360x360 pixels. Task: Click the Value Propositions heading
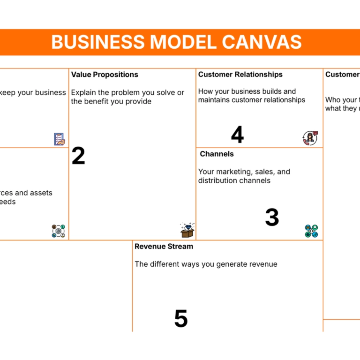point(105,75)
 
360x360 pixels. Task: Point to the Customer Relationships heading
point(240,75)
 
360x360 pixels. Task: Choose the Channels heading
point(217,154)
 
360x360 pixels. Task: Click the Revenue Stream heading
point(164,246)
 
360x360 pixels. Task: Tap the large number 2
point(78,157)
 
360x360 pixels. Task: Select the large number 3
point(272,217)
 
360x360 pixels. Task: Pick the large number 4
point(237,135)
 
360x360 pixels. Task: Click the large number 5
point(181,319)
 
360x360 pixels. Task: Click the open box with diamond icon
point(187,230)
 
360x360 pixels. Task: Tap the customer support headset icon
point(310,138)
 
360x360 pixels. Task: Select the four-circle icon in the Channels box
point(311,231)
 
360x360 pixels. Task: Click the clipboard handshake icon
point(60,139)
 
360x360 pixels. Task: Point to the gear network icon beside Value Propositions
point(59,231)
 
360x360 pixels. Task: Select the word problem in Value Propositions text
point(124,93)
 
